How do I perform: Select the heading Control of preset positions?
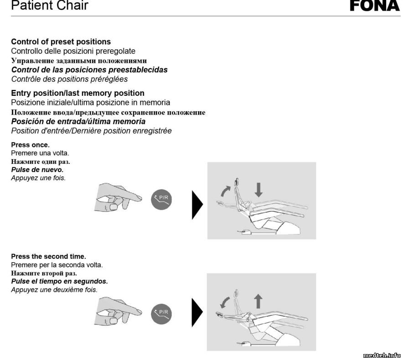click(x=61, y=42)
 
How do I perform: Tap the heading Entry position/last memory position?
click(x=77, y=93)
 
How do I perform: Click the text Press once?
click(x=30, y=145)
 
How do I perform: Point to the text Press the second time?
click(x=48, y=256)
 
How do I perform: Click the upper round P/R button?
click(x=162, y=200)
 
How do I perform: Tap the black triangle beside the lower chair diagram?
click(x=197, y=312)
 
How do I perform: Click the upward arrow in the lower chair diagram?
click(x=258, y=302)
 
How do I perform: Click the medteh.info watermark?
click(x=382, y=355)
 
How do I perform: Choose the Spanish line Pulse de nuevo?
click(x=37, y=170)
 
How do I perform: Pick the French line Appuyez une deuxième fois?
click(x=54, y=289)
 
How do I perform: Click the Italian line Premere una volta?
click(x=40, y=153)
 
